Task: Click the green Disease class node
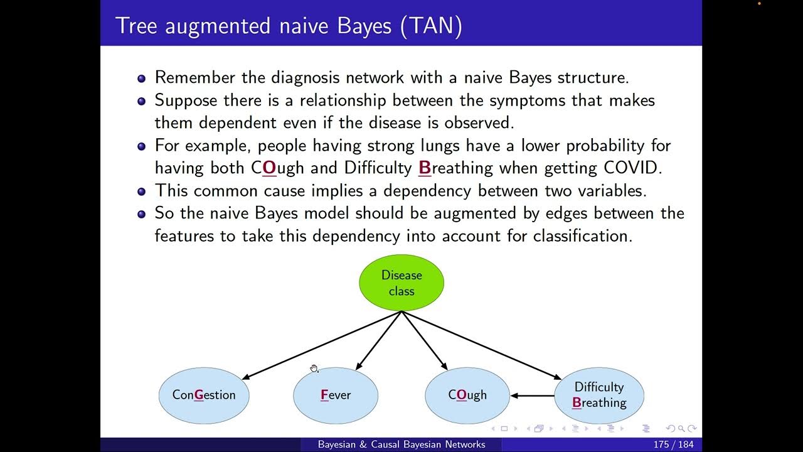tap(401, 282)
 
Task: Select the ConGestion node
tap(204, 395)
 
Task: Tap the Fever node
tap(336, 395)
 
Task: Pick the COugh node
tap(467, 395)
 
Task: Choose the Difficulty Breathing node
tap(599, 395)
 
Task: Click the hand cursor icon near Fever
tap(314, 369)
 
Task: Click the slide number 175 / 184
tap(674, 444)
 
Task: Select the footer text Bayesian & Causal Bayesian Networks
tap(401, 444)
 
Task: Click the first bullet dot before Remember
tap(141, 78)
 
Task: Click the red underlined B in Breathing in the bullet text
tap(424, 168)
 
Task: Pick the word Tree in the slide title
tap(134, 27)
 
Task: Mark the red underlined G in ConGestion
tap(199, 395)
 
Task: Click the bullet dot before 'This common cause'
tap(141, 191)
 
